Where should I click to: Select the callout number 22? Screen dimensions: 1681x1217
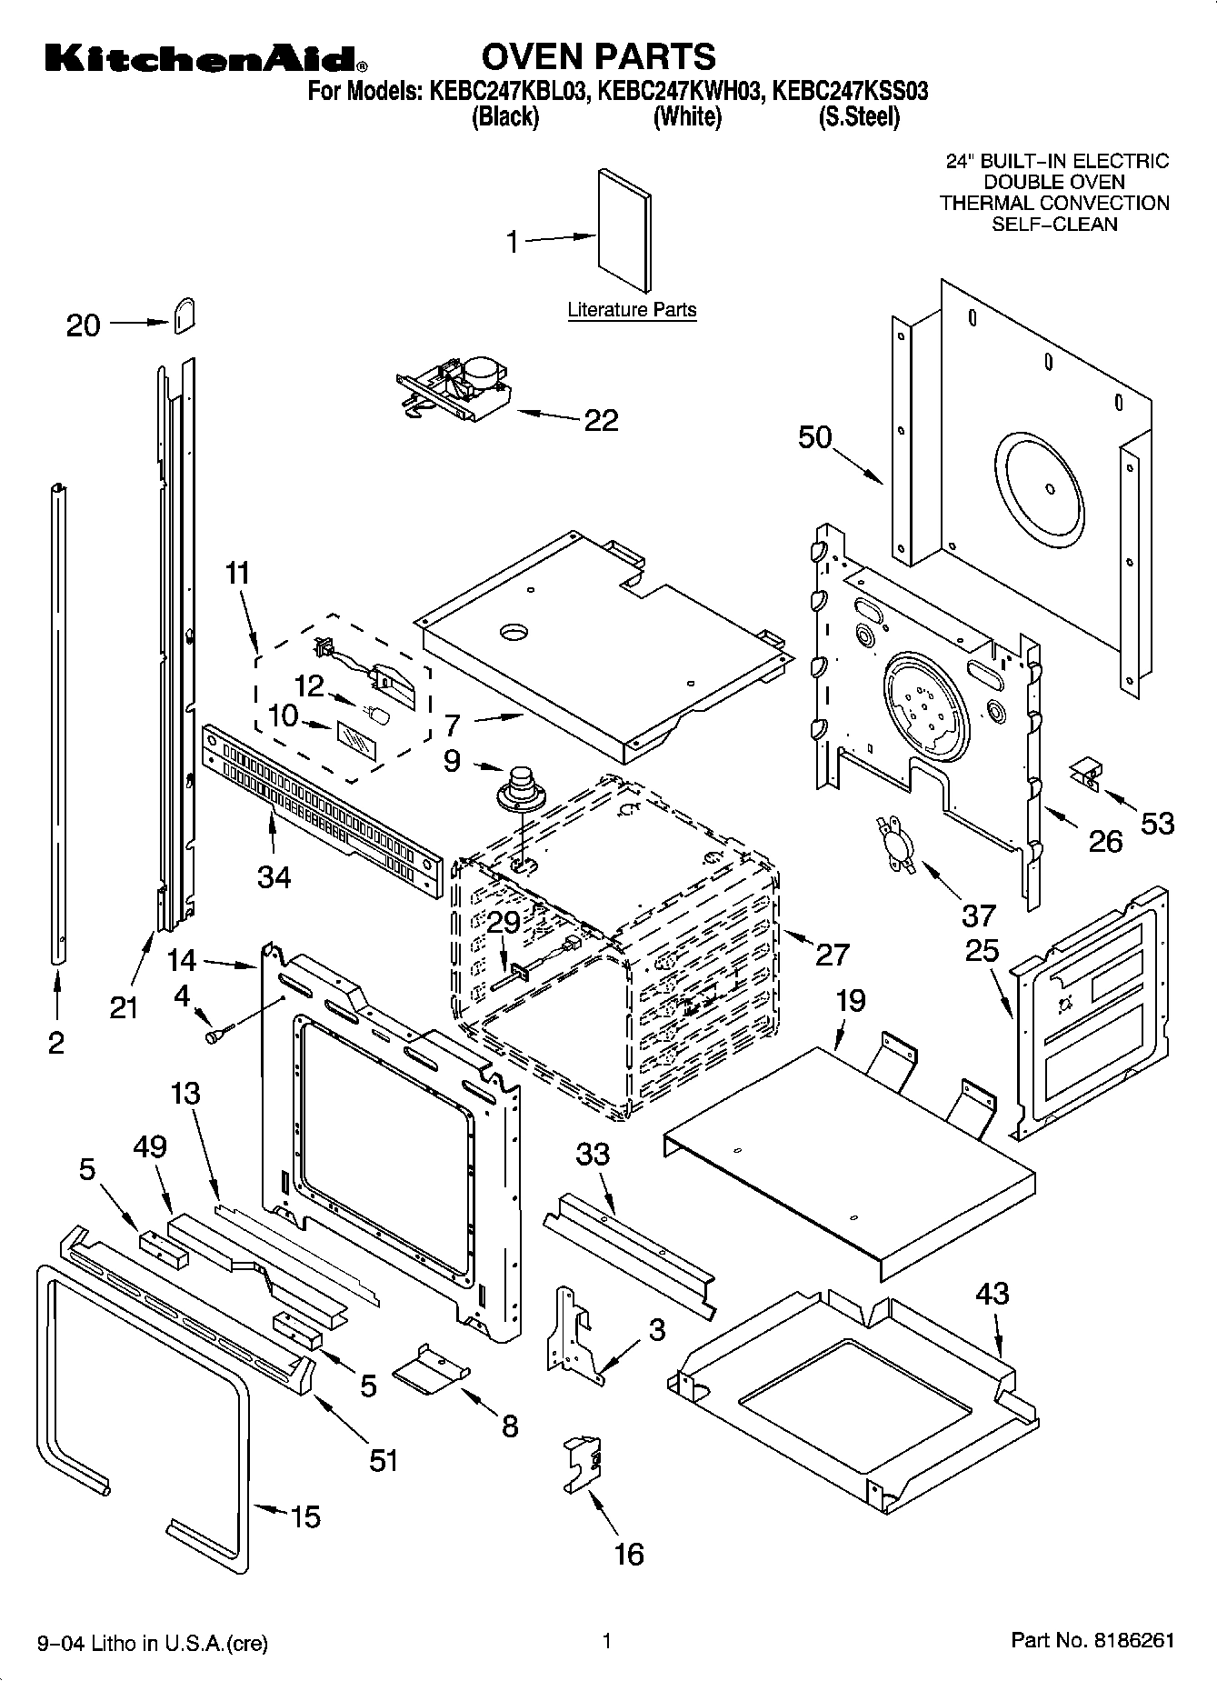click(601, 420)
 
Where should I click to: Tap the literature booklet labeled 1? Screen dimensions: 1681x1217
click(623, 231)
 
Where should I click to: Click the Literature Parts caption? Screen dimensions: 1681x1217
click(632, 310)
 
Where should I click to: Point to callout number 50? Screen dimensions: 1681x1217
click(815, 437)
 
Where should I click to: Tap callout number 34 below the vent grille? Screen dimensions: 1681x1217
click(274, 876)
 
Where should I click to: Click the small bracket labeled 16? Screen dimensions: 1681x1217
click(583, 1463)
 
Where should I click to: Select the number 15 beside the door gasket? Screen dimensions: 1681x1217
click(305, 1516)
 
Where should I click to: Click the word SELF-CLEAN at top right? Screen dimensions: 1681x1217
click(1054, 224)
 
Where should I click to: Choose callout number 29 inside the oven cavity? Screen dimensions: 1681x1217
click(504, 922)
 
